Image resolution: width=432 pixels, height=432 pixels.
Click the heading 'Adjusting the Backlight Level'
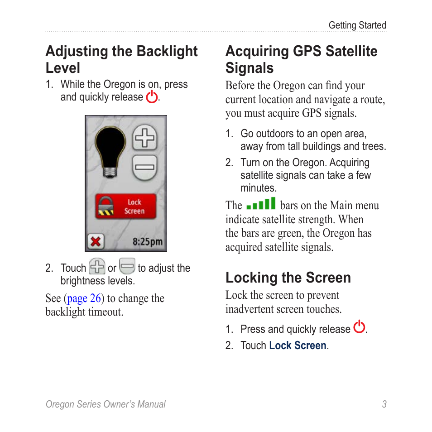coord(121,59)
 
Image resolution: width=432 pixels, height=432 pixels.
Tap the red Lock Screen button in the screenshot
coord(125,206)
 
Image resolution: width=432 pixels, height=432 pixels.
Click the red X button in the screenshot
coord(95,241)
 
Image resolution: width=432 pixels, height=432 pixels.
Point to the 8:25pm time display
coord(147,242)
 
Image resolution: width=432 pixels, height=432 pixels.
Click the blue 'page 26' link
coord(84,298)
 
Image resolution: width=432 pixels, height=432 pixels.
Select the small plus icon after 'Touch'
coord(97,266)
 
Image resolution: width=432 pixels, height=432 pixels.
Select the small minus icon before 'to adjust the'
coord(127,266)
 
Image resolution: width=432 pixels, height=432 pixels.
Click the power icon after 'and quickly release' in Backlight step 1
coord(152,96)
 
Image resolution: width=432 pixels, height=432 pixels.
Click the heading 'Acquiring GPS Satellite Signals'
coord(301,59)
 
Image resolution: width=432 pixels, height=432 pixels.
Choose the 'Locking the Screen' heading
coord(288,278)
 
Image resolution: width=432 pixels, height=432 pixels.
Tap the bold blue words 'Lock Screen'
coord(298,346)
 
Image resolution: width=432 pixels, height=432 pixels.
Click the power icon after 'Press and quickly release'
coord(360,327)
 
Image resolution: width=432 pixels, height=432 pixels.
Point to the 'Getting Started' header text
coord(357,25)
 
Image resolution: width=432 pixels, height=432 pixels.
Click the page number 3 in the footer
coord(384,404)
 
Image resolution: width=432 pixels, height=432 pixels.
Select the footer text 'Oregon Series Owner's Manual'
coord(106,404)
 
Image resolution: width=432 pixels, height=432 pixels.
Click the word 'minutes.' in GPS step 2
coord(258,188)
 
